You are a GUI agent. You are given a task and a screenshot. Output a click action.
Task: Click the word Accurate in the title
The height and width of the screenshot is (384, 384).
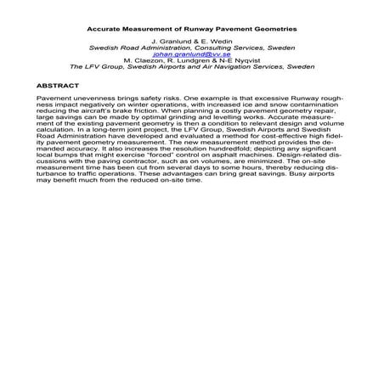pyautogui.click(x=104, y=27)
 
